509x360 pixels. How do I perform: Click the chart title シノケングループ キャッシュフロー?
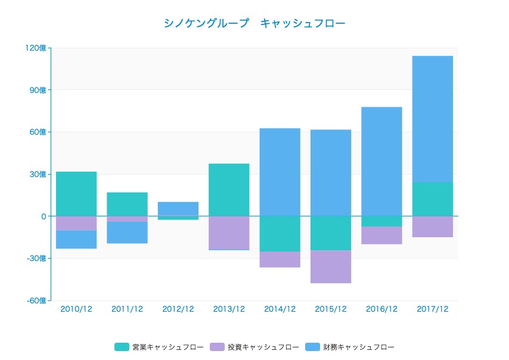[x=254, y=23]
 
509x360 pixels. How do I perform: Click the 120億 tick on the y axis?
[x=36, y=48]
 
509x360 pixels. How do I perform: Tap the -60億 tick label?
[x=36, y=301]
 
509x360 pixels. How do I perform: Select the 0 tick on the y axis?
[x=44, y=216]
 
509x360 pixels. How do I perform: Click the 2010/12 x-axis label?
[x=76, y=309]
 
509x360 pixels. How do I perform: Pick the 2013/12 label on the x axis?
[x=229, y=309]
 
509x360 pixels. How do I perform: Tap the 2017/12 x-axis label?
[x=432, y=309]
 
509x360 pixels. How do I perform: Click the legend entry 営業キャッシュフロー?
[x=159, y=347]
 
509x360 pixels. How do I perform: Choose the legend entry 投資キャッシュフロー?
[x=254, y=347]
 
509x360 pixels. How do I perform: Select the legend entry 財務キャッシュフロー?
[x=350, y=347]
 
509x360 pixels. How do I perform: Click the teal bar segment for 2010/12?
[x=76, y=194]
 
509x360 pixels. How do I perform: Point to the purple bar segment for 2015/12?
[x=331, y=266]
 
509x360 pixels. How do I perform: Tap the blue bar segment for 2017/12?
[x=432, y=119]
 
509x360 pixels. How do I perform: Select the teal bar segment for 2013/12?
[x=229, y=190]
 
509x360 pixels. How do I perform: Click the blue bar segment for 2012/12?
[x=178, y=208]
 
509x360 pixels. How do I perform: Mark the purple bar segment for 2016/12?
[x=381, y=235]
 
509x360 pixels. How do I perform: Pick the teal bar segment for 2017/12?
[x=432, y=199]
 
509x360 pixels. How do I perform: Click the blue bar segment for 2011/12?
[x=127, y=232]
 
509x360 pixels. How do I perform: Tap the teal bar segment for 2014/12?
[x=280, y=234]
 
